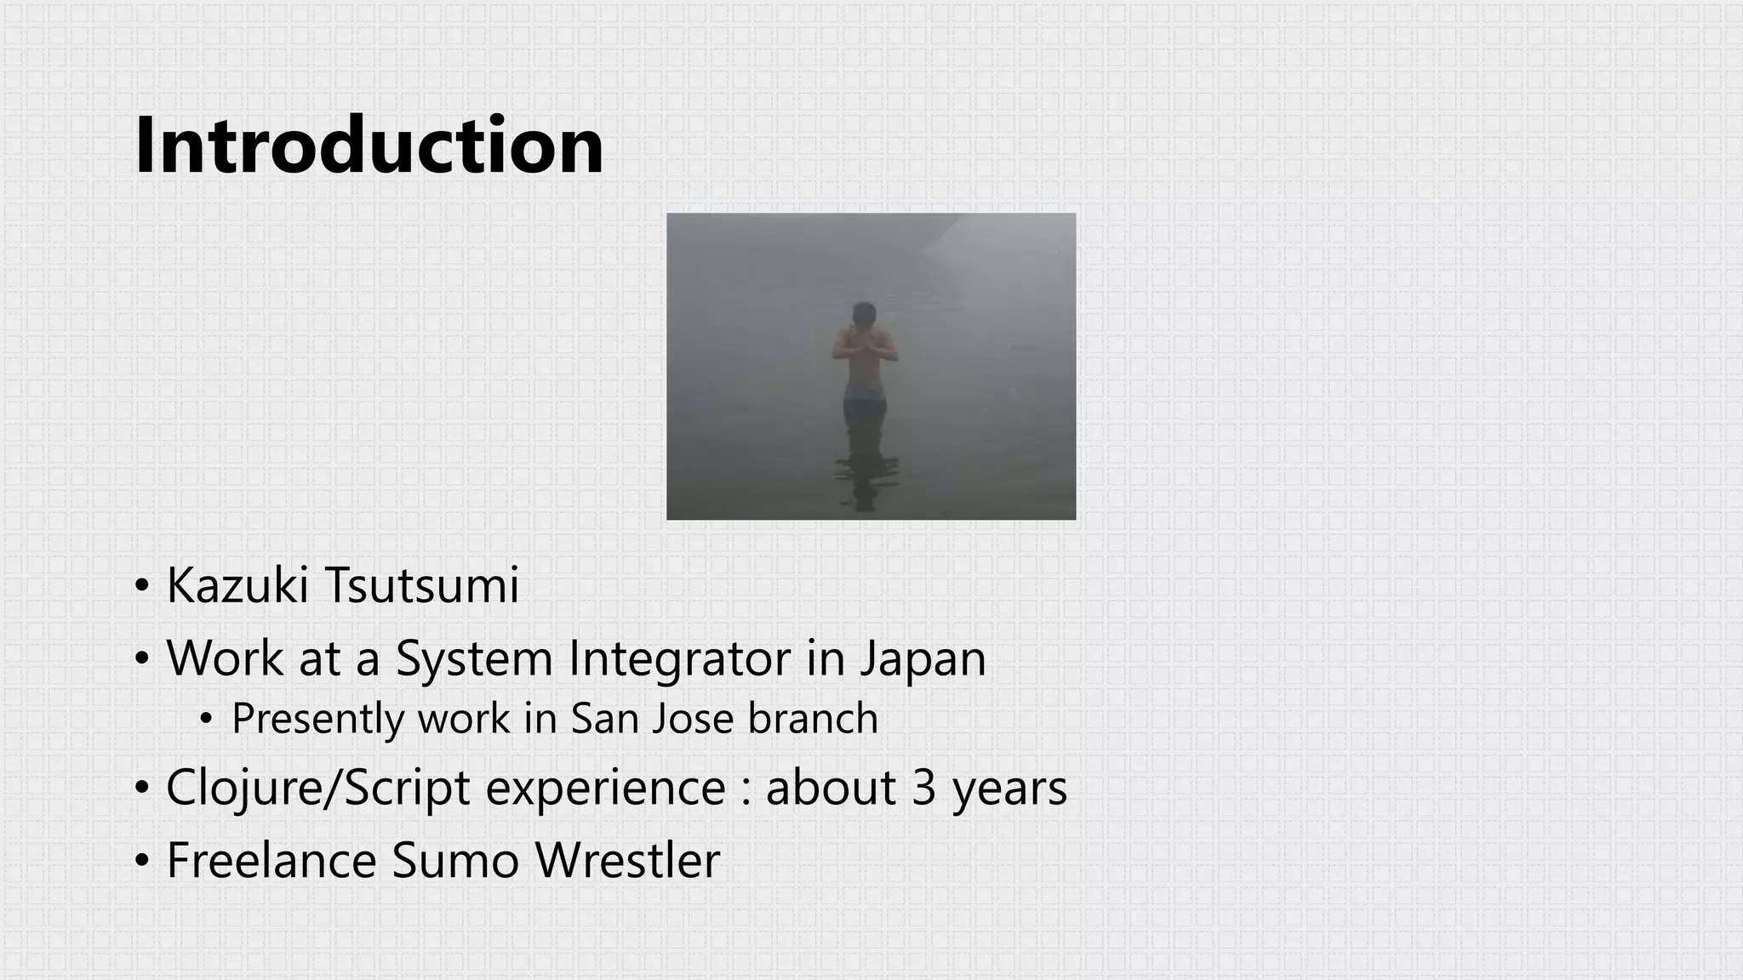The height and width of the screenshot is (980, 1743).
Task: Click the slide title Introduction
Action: [369, 145]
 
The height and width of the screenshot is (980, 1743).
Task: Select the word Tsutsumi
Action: [422, 585]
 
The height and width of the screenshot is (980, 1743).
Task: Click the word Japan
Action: [923, 659]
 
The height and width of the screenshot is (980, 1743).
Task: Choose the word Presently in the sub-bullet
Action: [317, 719]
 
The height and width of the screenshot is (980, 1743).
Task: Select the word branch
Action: [813, 718]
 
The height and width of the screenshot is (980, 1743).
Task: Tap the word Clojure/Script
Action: [317, 789]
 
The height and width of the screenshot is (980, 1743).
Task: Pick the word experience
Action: [605, 789]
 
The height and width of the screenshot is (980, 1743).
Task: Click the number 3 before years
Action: [923, 788]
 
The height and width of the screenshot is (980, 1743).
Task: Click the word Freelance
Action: [271, 860]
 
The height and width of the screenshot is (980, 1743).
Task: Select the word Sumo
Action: [455, 860]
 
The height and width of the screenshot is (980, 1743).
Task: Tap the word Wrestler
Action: [627, 860]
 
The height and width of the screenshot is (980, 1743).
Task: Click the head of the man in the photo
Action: [865, 314]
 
